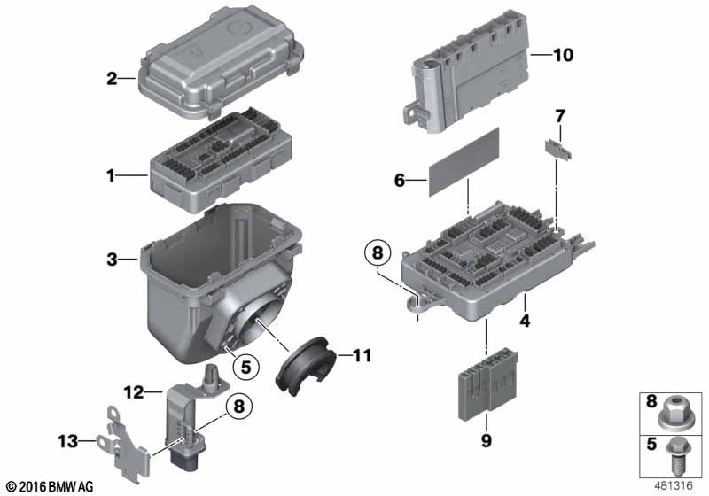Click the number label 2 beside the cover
tap(112, 79)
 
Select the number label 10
tap(564, 55)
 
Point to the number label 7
tap(559, 115)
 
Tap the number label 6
tap(399, 180)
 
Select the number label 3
tap(112, 260)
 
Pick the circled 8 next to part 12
tap(238, 407)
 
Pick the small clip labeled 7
tap(557, 147)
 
